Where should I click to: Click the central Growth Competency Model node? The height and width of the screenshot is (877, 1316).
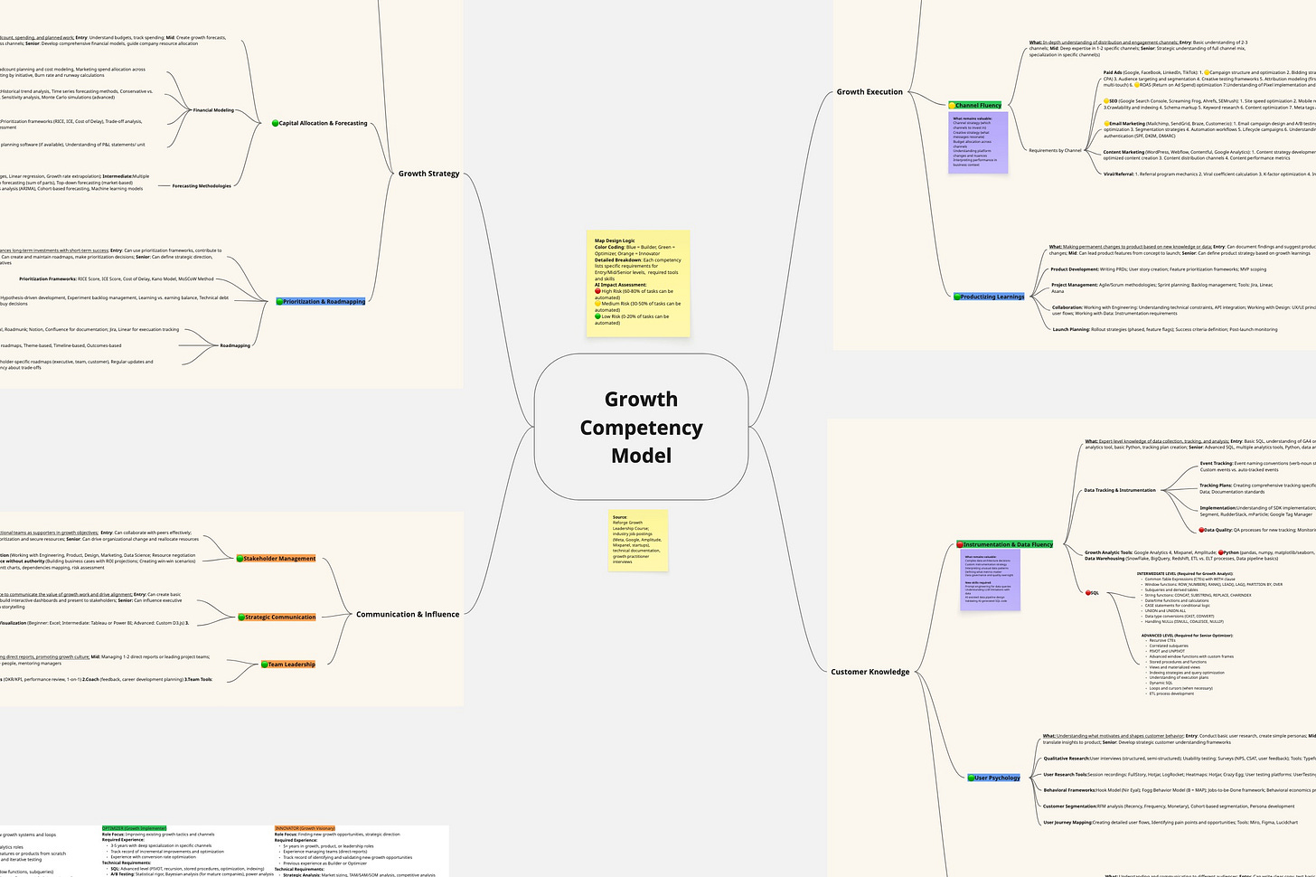[641, 427]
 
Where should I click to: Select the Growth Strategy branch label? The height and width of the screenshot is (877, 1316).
[428, 174]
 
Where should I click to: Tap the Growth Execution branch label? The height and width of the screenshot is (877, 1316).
[869, 92]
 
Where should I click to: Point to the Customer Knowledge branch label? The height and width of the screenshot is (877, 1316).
[870, 672]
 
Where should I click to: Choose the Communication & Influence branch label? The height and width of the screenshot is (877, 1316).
[407, 615]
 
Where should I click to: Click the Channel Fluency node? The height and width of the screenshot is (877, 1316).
[976, 106]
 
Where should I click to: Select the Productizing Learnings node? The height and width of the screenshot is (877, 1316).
[991, 297]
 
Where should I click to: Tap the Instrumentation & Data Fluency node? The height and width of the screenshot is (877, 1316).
[1006, 544]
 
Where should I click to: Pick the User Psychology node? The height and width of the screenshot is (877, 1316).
[995, 778]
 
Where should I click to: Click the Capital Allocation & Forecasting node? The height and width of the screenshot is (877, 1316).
[321, 123]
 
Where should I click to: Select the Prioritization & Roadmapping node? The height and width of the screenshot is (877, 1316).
[322, 302]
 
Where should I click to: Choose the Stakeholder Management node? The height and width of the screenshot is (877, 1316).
[277, 559]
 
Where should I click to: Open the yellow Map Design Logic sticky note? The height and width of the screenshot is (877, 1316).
[638, 283]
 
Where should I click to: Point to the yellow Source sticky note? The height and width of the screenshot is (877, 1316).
[638, 541]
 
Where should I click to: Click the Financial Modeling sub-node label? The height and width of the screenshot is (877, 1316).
[213, 110]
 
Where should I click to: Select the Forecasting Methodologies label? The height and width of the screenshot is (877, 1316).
[202, 186]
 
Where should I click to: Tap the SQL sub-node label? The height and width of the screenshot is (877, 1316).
[1093, 593]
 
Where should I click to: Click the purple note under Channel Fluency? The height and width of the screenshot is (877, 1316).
[978, 143]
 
